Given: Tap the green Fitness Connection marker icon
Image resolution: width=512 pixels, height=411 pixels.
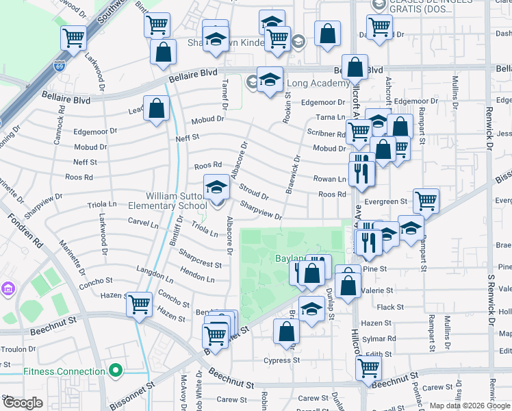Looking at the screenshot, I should coord(116,371).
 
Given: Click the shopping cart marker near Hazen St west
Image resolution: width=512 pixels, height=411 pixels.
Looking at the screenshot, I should coord(140,303).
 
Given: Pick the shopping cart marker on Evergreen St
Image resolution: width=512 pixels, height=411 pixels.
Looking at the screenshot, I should coord(425,200).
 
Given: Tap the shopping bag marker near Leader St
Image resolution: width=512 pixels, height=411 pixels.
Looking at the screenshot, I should coord(157,108).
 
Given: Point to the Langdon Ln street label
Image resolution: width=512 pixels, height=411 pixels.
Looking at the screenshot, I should coord(155,275).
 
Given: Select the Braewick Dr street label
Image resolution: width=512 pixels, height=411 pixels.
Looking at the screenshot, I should coord(294,175).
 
